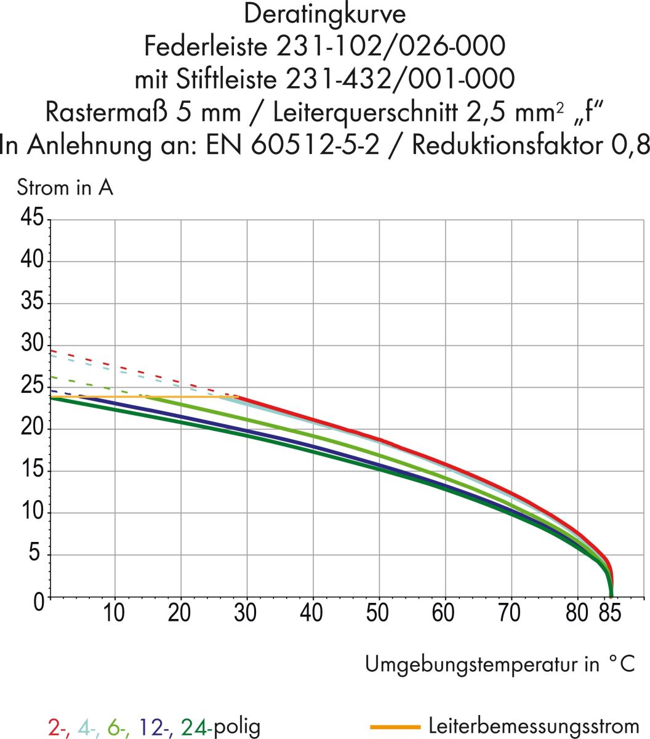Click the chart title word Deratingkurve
point(324,13)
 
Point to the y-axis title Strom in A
point(65,187)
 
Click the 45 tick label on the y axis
point(32,217)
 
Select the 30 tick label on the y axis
point(32,344)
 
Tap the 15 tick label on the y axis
point(32,470)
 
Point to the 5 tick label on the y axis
point(38,554)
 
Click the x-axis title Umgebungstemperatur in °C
point(499,664)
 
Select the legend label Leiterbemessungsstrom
point(534,726)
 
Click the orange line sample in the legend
point(395,727)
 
